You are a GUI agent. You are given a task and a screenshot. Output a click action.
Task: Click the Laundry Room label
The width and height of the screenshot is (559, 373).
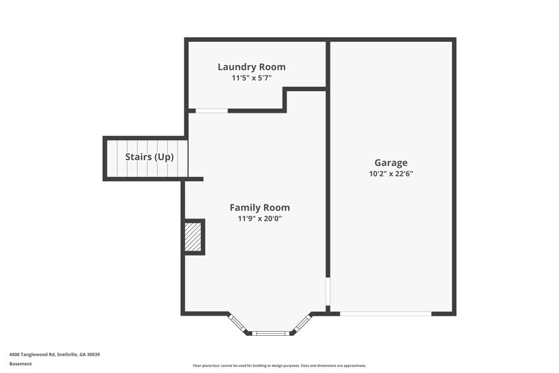tap(252, 67)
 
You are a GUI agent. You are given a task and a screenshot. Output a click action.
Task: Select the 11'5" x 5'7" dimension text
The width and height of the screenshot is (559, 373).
tap(252, 78)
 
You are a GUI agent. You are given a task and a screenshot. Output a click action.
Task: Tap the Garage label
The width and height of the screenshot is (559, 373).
tap(391, 162)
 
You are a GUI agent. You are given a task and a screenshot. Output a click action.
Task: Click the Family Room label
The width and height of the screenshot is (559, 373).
tap(260, 208)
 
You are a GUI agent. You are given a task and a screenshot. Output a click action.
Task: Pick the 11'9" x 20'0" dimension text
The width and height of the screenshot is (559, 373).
tap(260, 219)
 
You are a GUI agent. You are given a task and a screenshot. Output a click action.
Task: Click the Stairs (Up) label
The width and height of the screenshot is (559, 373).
tap(149, 157)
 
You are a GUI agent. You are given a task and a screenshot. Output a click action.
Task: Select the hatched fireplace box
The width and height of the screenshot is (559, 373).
tap(194, 237)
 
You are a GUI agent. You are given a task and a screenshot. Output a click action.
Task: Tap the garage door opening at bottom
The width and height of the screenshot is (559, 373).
tap(385, 314)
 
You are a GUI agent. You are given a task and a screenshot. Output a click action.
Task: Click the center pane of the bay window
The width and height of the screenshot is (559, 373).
tap(270, 333)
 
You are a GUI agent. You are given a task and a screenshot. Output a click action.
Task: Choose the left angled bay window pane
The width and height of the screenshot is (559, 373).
tap(238, 323)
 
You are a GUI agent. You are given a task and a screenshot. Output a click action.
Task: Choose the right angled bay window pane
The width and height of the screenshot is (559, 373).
tap(303, 323)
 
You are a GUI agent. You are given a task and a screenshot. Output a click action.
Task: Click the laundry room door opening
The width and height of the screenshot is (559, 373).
tap(211, 111)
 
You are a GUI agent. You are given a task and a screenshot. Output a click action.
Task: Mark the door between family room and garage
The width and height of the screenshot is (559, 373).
tap(328, 293)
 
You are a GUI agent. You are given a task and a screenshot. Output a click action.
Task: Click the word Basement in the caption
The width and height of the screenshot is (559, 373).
tap(20, 364)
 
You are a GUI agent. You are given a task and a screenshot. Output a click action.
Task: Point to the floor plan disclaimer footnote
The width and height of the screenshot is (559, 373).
tap(279, 365)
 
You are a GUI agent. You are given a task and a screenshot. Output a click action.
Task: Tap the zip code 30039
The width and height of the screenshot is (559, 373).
tap(94, 355)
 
